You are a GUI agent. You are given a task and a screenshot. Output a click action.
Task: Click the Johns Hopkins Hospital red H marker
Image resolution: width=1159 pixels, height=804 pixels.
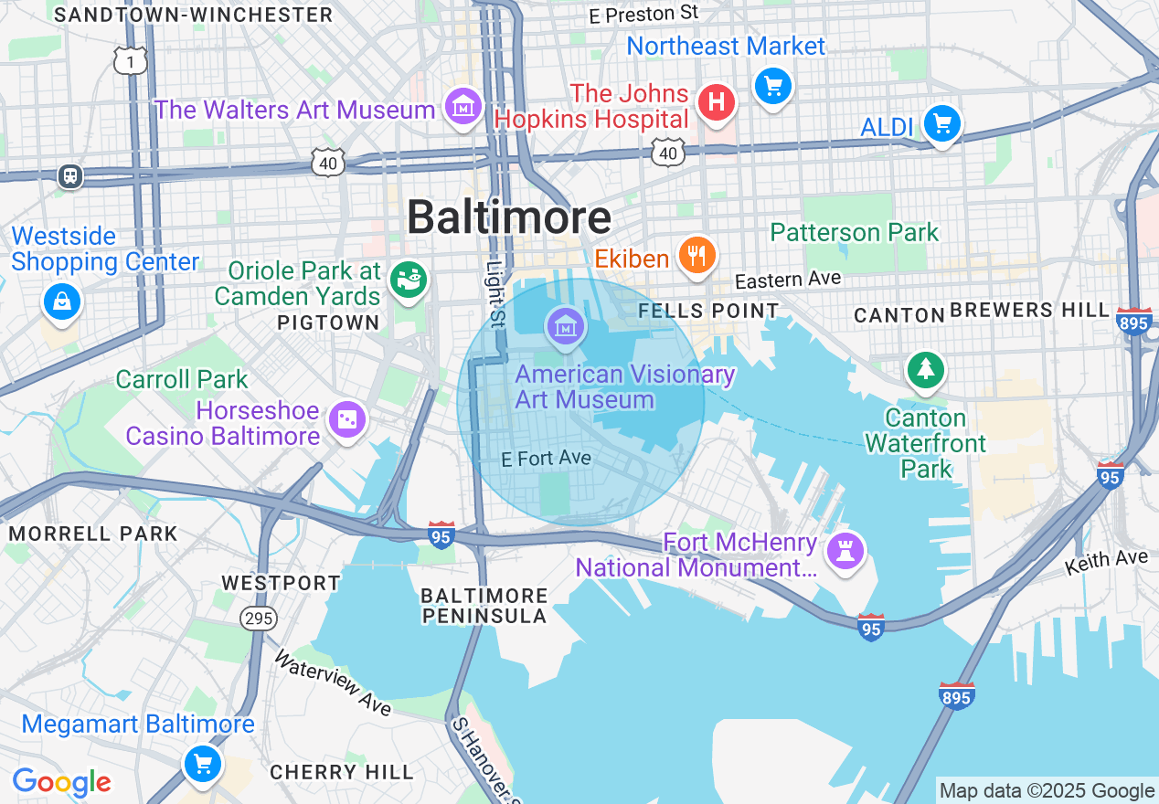point(717,102)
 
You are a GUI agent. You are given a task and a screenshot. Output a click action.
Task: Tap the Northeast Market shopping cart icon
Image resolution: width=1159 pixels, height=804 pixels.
point(773,87)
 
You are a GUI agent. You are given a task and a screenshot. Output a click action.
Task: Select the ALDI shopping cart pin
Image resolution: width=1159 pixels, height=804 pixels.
point(941,122)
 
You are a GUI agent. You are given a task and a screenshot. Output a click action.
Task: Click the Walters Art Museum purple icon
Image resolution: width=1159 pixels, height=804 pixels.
point(463,108)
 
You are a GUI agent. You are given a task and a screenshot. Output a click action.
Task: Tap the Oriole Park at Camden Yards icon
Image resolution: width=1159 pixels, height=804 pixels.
point(408,279)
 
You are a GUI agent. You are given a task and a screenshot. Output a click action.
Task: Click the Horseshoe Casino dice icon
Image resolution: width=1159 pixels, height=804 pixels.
point(348,419)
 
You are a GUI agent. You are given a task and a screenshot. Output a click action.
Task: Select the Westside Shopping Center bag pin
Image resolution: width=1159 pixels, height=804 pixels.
point(61,301)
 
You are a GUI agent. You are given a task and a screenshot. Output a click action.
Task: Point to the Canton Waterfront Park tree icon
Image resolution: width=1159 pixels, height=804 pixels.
point(926,369)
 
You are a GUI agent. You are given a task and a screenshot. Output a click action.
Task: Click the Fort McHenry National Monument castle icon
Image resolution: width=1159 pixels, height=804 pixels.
point(845,550)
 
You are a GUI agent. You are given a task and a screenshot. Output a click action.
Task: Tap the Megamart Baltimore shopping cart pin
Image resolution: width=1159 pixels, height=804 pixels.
point(202,763)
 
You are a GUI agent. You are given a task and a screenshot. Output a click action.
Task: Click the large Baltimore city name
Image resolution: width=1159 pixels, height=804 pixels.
point(508,217)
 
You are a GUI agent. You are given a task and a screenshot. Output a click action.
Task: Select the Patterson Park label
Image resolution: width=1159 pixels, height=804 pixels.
point(854,232)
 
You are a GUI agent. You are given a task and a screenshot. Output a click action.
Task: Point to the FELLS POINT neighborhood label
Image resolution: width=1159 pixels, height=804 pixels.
point(708,311)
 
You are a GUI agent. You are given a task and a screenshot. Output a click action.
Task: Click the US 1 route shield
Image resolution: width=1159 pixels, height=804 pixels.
point(131,60)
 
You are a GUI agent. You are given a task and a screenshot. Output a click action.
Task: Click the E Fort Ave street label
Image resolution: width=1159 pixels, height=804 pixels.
point(547,458)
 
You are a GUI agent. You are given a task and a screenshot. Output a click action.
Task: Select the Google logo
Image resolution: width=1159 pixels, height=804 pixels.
point(61,782)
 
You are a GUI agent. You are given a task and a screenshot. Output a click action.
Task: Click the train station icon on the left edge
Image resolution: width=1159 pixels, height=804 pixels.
point(70,176)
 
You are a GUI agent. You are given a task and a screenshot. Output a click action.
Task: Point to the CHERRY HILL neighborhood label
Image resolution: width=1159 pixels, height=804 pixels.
point(342,772)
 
